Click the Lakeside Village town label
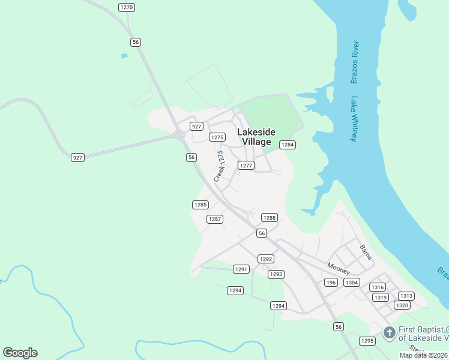256,137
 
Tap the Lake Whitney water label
354,119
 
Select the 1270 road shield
126,7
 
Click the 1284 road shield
288,145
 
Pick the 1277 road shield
246,165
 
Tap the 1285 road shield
200,205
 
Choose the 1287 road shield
215,219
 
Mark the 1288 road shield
270,218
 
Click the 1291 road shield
241,269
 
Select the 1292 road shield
266,259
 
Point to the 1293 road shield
276,274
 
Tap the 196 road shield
331,282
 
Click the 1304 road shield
352,282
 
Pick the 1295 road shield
367,341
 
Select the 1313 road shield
406,296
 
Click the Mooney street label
339,268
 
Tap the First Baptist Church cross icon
389,332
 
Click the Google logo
20,353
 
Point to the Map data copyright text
424,355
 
